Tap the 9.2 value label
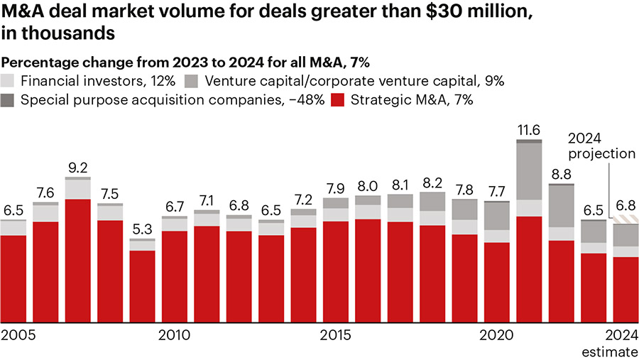point(78,168)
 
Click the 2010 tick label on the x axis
point(174,334)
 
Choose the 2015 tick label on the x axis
point(336,334)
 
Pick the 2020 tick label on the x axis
point(497,334)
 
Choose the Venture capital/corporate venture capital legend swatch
point(191,80)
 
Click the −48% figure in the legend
point(302,100)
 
